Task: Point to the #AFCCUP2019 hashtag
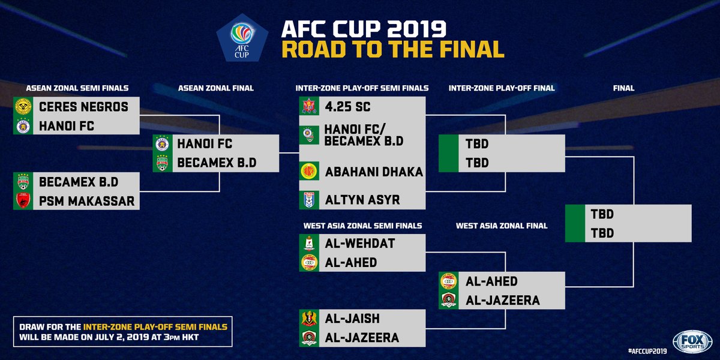click(648, 349)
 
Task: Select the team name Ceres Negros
click(83, 107)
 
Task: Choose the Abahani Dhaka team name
click(374, 172)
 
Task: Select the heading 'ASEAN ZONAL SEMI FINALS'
click(77, 88)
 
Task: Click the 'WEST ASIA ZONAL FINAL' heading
click(502, 226)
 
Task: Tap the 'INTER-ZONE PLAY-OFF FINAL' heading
click(502, 88)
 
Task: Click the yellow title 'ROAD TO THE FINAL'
click(393, 49)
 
